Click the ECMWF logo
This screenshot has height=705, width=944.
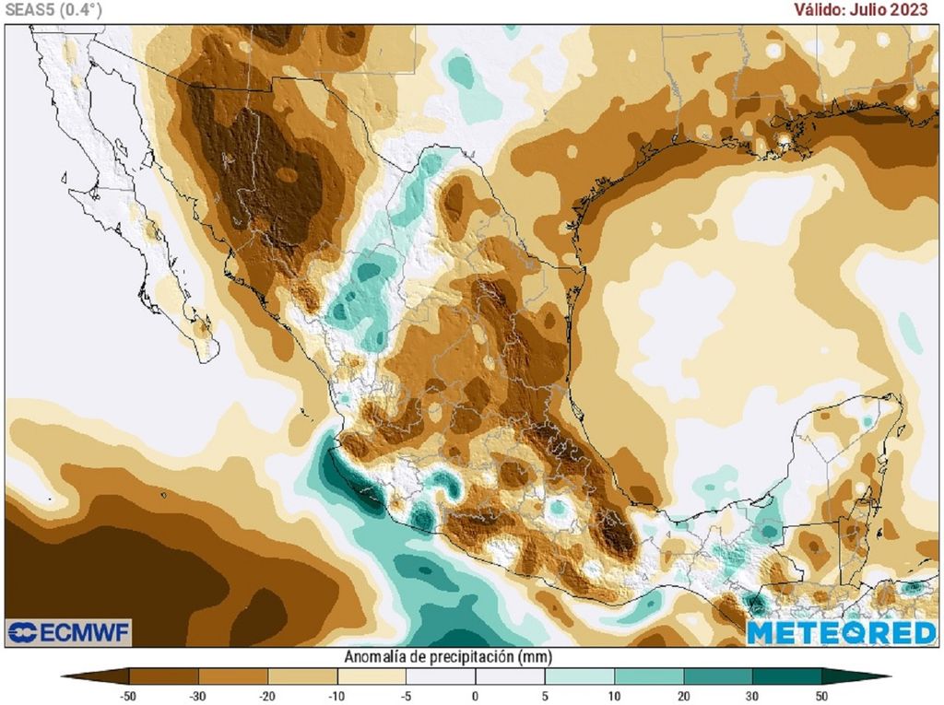coord(69,632)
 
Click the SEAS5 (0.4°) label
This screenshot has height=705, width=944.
coord(53,9)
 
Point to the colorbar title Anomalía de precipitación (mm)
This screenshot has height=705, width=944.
coord(448,657)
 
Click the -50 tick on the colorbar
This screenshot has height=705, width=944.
coord(128,696)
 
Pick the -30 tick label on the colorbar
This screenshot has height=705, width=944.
coord(197,696)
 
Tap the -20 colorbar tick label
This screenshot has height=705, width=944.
coord(267,696)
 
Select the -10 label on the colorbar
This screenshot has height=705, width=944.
coord(336,696)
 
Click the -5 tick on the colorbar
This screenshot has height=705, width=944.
coord(406,696)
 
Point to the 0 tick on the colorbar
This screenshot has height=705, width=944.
coord(475,696)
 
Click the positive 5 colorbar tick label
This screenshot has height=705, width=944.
coord(544,696)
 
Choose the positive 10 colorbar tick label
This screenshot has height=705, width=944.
coord(614,696)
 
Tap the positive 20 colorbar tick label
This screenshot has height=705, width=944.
coord(683,696)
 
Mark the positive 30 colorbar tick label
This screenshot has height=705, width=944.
coord(752,696)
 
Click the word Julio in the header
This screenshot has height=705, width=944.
coord(872,9)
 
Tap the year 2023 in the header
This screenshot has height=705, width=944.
coord(912,9)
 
